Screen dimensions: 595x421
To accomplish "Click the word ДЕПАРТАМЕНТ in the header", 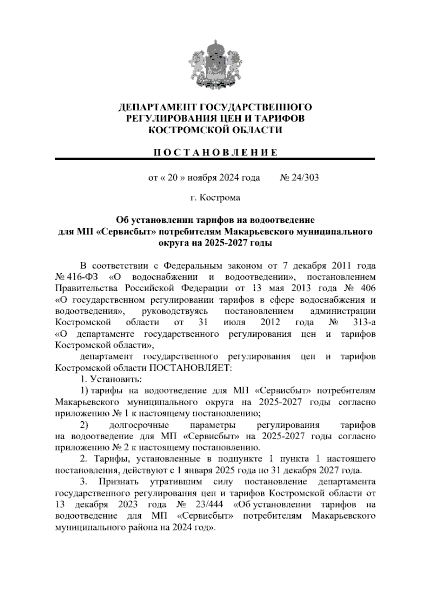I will tap(154, 107).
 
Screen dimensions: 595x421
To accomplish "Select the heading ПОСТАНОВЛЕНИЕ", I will tap(215, 152).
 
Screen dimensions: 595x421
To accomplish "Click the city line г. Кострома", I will tap(215, 198).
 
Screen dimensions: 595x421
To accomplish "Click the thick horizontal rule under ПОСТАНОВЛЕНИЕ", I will tap(215, 159).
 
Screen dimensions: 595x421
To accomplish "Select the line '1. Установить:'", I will tap(111, 379).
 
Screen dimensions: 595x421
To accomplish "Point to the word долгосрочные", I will tap(139, 425).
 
